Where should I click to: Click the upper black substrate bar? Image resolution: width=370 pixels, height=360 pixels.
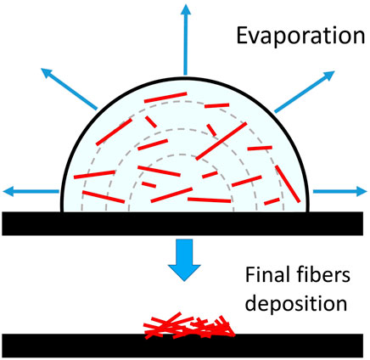tap(185, 222)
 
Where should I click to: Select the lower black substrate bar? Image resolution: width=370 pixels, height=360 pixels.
tap(185, 346)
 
